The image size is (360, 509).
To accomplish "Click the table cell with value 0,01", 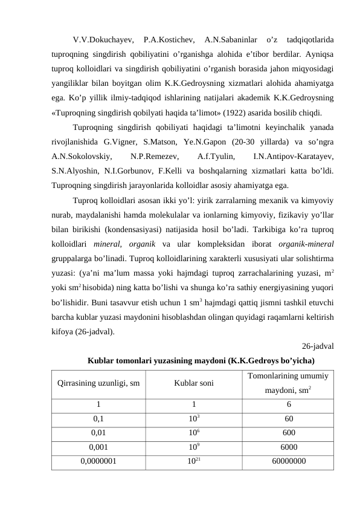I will (98, 433).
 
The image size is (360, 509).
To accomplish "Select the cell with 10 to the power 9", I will (193, 447).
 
